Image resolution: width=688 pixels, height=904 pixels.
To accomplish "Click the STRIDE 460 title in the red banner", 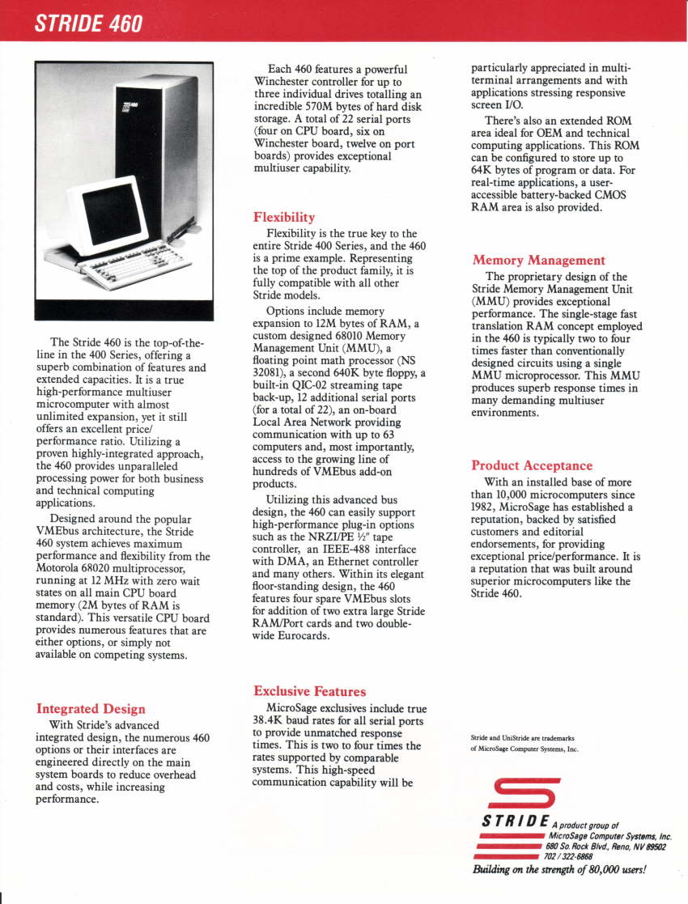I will [x=89, y=23].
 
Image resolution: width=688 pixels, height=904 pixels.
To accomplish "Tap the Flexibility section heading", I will [x=284, y=217].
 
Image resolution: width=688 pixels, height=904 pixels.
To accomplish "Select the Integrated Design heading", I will [x=91, y=709].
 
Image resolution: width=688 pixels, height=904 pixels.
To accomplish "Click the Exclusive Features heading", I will [x=309, y=691].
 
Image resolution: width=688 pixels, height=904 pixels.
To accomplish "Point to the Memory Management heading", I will [x=538, y=260].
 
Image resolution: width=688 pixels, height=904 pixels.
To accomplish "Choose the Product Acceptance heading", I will [x=532, y=465].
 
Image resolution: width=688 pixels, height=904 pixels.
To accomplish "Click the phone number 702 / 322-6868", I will [x=567, y=856].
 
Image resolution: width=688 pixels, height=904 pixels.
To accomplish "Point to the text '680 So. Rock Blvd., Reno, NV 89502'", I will [x=606, y=847].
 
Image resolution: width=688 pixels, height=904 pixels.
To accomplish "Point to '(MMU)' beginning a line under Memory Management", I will [x=489, y=300].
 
